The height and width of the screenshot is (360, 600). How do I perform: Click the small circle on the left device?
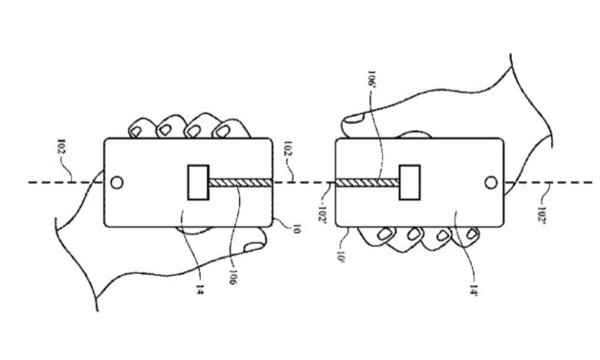pos(117,181)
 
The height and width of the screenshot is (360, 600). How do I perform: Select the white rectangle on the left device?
pos(199,181)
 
